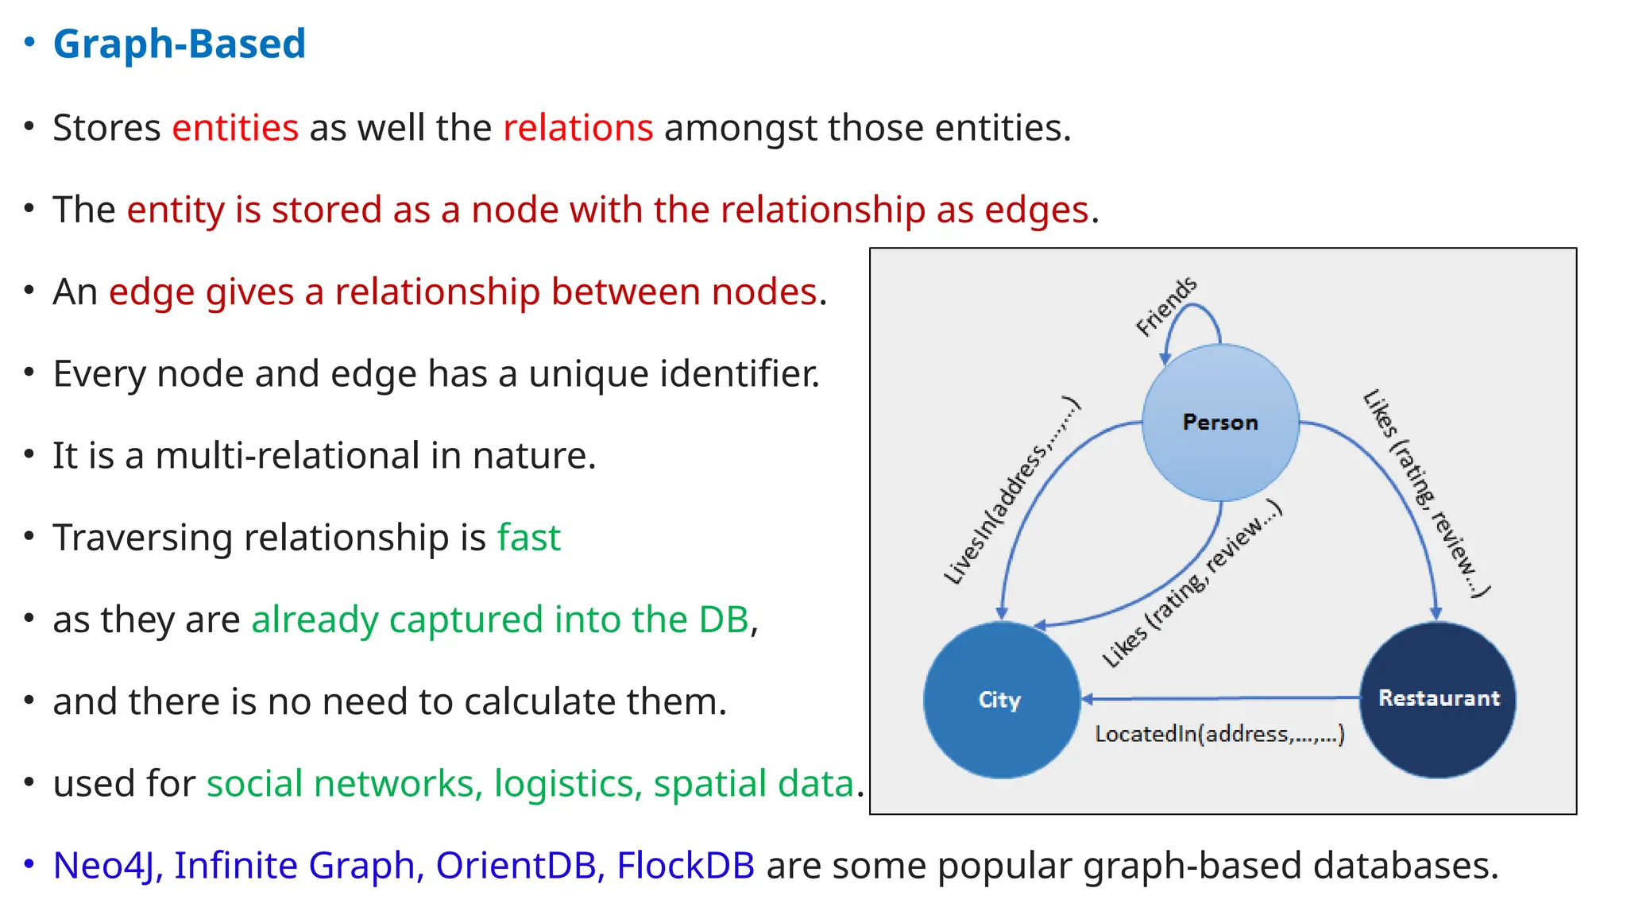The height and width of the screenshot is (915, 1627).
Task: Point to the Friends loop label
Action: click(x=1166, y=306)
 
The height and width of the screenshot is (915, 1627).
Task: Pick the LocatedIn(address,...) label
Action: click(x=1219, y=733)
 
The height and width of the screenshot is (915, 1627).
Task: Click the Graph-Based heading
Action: click(x=179, y=44)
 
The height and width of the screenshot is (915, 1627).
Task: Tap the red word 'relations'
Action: click(x=578, y=128)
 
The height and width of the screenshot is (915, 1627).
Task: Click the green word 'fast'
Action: click(x=528, y=538)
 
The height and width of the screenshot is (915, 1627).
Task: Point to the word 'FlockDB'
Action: click(x=686, y=866)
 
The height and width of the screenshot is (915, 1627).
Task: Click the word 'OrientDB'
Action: click(x=516, y=866)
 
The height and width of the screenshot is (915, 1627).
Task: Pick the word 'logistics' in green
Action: click(x=567, y=784)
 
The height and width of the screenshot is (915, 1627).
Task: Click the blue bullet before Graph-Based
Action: click(x=29, y=43)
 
